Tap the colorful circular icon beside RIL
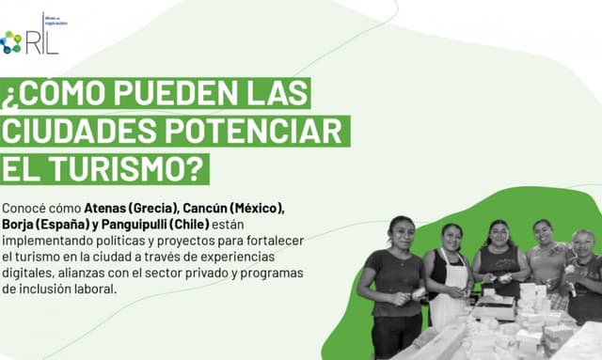[x=11, y=41]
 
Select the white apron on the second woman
[x=450, y=291]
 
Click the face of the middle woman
[x=498, y=232]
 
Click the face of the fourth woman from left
[x=543, y=231]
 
